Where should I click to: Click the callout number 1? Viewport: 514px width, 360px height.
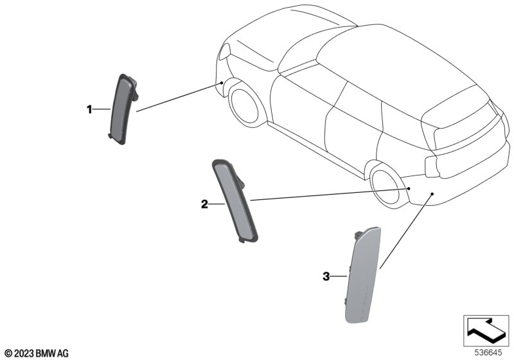(89, 109)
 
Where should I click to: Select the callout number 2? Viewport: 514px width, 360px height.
(204, 204)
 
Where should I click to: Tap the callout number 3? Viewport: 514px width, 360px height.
(326, 276)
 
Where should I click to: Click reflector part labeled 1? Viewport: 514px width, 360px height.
(123, 109)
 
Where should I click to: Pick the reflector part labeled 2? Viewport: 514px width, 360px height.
(235, 201)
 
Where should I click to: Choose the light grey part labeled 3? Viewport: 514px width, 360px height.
(363, 274)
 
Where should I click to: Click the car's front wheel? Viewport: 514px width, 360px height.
(245, 105)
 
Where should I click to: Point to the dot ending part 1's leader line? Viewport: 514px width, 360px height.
(222, 83)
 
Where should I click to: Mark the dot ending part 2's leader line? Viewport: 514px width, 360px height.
(409, 188)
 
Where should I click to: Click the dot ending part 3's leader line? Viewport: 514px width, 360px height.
(432, 194)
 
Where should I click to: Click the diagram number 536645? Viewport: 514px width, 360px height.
(488, 353)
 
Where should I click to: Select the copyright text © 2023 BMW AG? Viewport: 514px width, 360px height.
(37, 354)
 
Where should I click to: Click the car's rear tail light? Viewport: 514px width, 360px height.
(432, 166)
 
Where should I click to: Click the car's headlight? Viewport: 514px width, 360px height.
(224, 51)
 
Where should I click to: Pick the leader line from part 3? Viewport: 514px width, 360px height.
(406, 231)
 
